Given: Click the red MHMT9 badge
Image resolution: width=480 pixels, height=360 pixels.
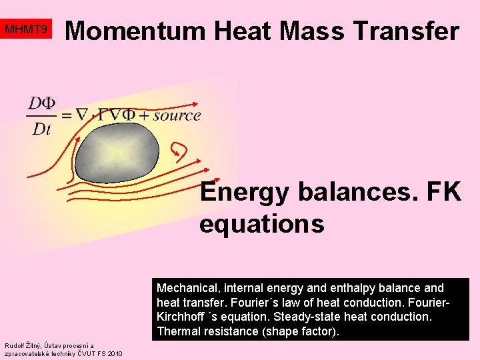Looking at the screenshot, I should point(26,30).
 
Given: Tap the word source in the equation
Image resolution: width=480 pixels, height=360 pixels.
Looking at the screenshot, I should point(177,115).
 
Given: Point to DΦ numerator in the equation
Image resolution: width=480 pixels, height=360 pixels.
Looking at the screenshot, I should point(41,103).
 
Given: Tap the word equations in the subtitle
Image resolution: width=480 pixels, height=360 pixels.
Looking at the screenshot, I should point(261,224).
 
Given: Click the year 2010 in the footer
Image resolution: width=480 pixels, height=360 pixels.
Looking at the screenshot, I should point(113,353).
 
